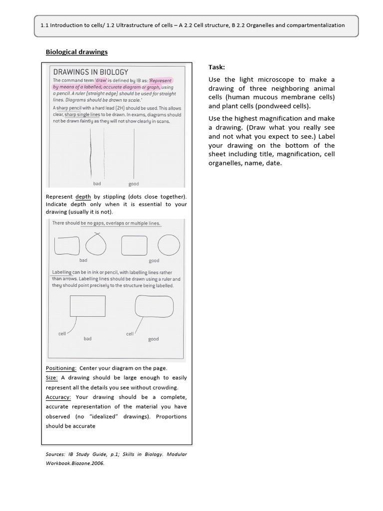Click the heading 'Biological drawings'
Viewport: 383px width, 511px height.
[x=77, y=52]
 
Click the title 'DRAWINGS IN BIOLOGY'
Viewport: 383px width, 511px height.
[x=90, y=72]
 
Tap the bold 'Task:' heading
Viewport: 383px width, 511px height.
[x=216, y=67]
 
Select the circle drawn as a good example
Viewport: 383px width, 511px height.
[x=169, y=245]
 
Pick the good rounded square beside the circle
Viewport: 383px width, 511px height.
[x=134, y=245]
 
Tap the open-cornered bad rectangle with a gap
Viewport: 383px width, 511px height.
[x=67, y=245]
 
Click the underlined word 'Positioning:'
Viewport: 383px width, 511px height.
[x=61, y=368]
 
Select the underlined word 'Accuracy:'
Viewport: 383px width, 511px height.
[x=58, y=397]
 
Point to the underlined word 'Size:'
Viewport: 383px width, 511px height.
[x=52, y=378]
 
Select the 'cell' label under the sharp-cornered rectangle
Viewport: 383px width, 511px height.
[x=62, y=333]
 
